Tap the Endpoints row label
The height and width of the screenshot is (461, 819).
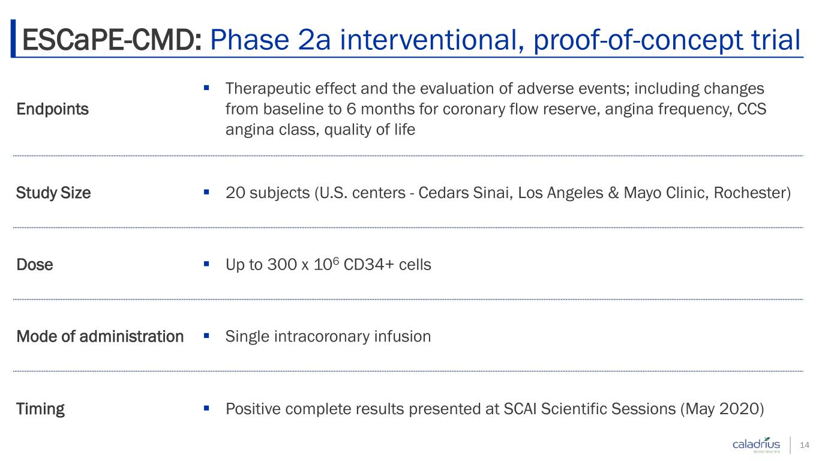click(53, 109)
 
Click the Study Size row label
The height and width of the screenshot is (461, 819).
click(53, 193)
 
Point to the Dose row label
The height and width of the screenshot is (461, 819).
click(35, 265)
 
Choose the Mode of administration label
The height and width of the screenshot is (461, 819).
click(100, 336)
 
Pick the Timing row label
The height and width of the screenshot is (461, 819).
click(41, 409)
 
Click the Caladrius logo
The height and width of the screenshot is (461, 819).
click(756, 445)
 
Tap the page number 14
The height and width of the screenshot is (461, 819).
click(805, 445)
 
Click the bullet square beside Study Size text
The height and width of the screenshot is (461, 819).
click(206, 191)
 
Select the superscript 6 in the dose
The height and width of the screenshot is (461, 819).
click(336, 260)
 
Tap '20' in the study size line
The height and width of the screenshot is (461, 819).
click(235, 193)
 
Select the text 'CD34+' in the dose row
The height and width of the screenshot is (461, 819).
click(368, 265)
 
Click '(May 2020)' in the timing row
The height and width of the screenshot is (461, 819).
click(722, 409)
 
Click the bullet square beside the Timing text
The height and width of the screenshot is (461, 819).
click(206, 408)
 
